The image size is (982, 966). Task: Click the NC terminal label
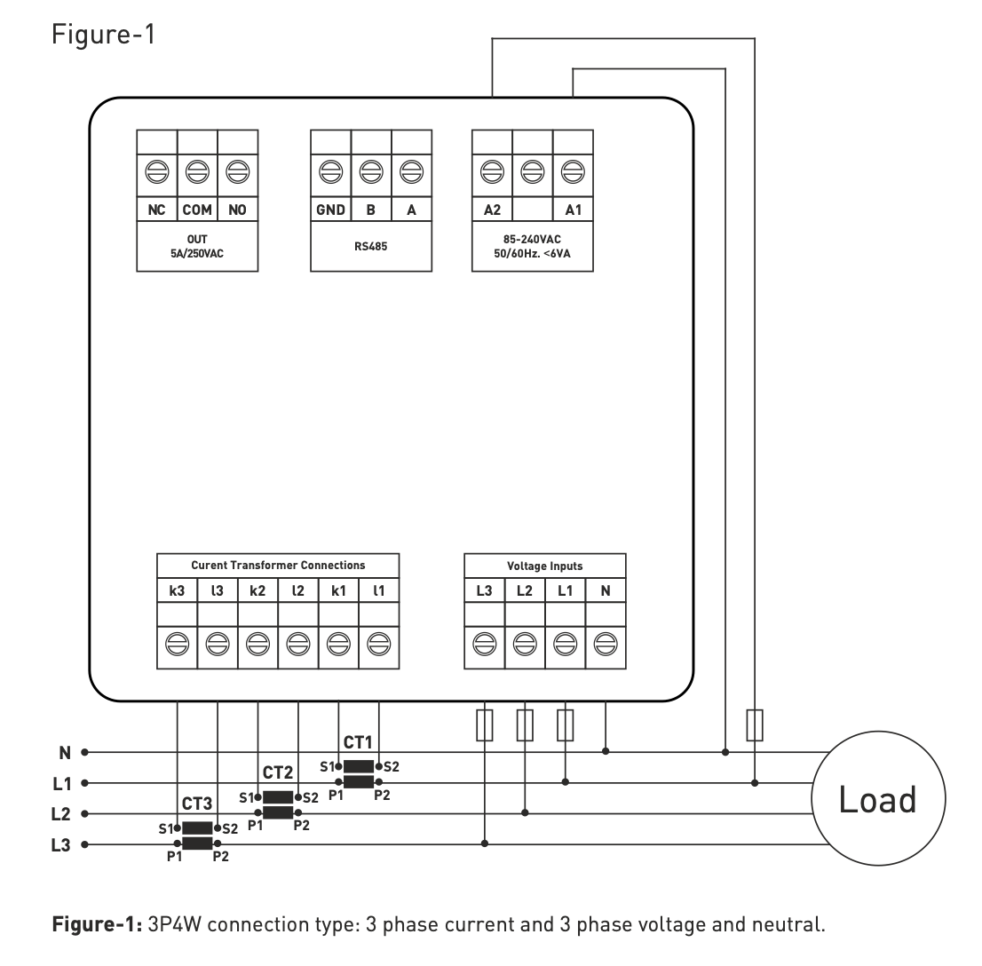pyautogui.click(x=156, y=210)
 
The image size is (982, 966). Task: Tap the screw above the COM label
pyautogui.click(x=197, y=170)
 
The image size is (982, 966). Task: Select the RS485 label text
pyautogui.click(x=370, y=247)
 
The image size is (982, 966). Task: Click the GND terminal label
pyautogui.click(x=330, y=210)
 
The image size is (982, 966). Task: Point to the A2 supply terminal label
pyautogui.click(x=492, y=210)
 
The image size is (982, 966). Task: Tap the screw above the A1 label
pyautogui.click(x=573, y=170)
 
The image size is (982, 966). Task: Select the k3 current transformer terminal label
pyautogui.click(x=178, y=590)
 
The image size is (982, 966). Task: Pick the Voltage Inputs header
pyautogui.click(x=544, y=566)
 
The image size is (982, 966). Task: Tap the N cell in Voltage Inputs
pyautogui.click(x=606, y=590)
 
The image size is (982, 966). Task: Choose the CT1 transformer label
pyautogui.click(x=358, y=742)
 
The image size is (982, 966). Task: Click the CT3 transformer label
pyautogui.click(x=197, y=804)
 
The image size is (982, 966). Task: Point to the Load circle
pyautogui.click(x=878, y=800)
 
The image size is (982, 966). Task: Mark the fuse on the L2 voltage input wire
pyautogui.click(x=525, y=724)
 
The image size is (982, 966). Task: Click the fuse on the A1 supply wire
pyautogui.click(x=755, y=724)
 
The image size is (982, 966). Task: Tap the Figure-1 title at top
pyautogui.click(x=104, y=35)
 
